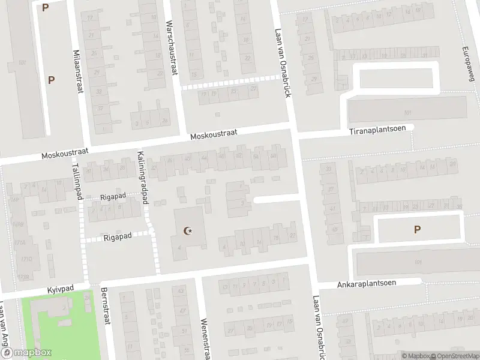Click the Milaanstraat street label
click(77, 71)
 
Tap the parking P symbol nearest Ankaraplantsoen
click(417, 229)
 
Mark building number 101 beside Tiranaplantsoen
click(408, 113)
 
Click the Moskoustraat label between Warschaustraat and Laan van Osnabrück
click(214, 134)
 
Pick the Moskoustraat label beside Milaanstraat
click(65, 154)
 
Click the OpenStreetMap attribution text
click(454, 356)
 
